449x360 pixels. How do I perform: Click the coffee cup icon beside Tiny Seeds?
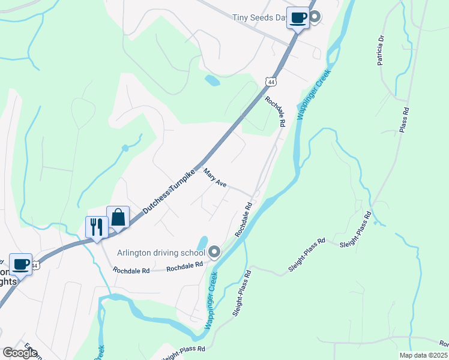point(298,17)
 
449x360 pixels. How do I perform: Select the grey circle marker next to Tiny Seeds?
point(314,17)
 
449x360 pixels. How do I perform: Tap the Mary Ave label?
point(214,178)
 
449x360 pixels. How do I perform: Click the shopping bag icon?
point(118,217)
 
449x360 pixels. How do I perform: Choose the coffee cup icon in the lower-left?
point(20,263)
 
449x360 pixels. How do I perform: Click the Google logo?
point(20,352)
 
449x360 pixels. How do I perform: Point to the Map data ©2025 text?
point(423,355)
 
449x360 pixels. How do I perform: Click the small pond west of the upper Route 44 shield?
point(212,79)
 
